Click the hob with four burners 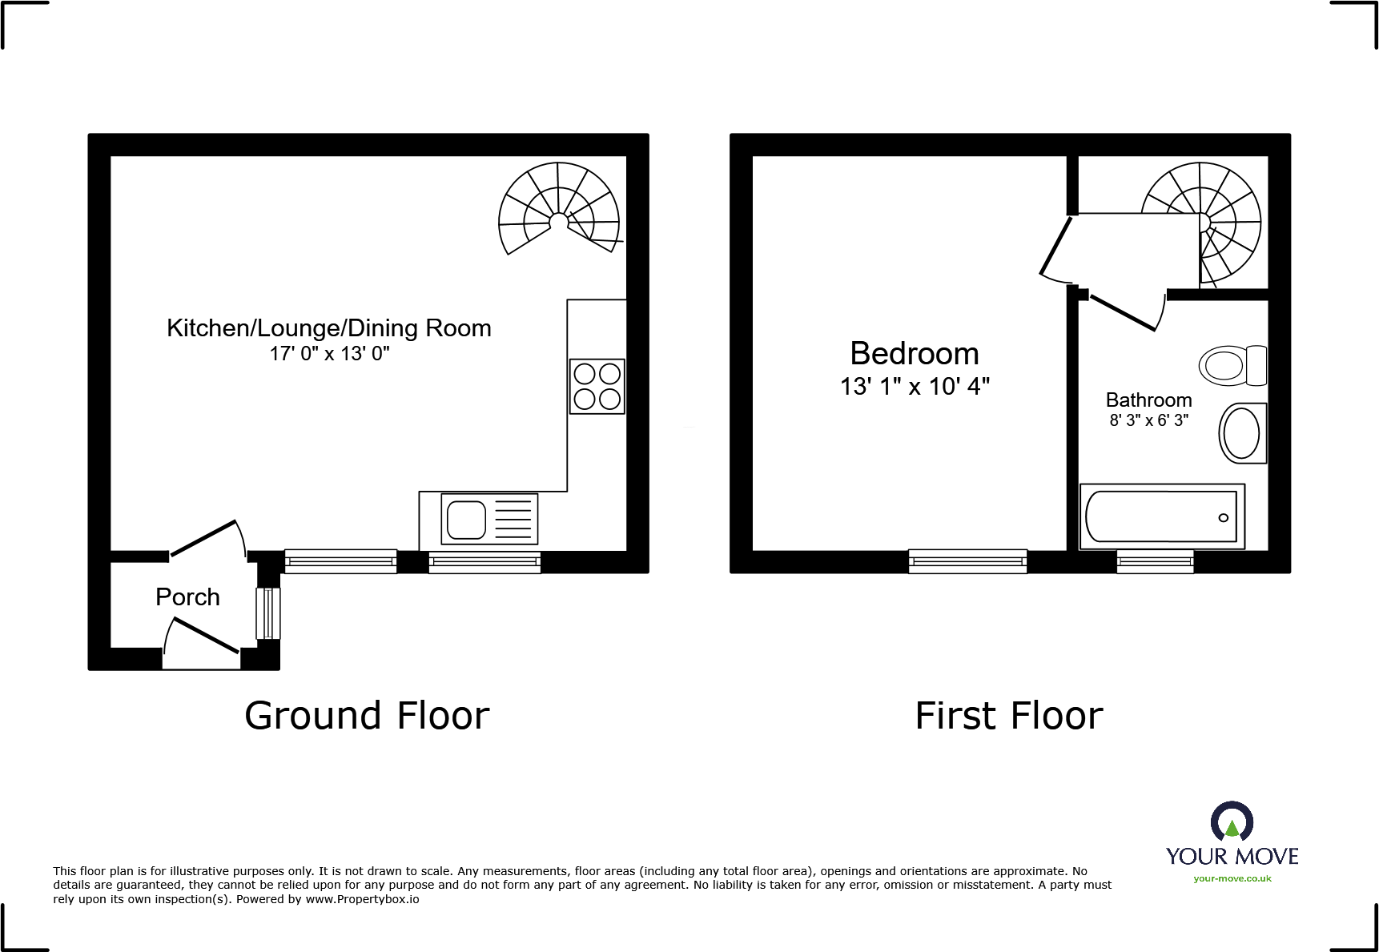[x=597, y=386]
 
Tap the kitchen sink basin [x=466, y=520]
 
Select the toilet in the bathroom [x=1232, y=366]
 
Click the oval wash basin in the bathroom [x=1242, y=433]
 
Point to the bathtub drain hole [x=1223, y=518]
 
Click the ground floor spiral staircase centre [x=559, y=221]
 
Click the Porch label [x=187, y=597]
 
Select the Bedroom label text [x=914, y=354]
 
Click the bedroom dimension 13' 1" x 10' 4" [x=915, y=387]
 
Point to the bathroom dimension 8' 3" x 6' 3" [x=1148, y=420]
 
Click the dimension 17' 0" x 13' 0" [x=329, y=354]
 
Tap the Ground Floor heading [x=367, y=716]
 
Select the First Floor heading [x=1008, y=716]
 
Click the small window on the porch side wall [x=268, y=613]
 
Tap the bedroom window [x=967, y=561]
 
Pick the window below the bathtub [x=1155, y=561]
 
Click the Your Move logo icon [x=1232, y=823]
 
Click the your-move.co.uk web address [x=1232, y=878]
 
